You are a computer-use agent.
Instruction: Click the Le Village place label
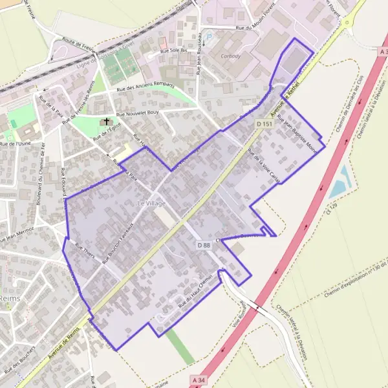point(152,204)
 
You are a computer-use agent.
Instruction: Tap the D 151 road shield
point(263,124)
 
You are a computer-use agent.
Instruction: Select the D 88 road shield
point(204,245)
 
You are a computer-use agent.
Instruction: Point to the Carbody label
point(231,56)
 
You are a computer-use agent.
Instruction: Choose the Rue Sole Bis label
point(174,50)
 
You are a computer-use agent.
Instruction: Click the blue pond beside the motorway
point(340,182)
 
